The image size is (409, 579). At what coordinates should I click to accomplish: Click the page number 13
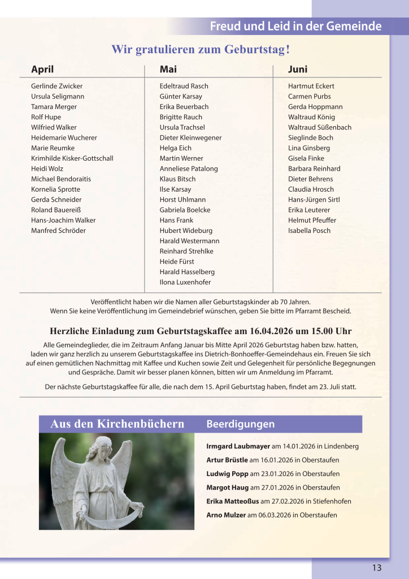coord(377,568)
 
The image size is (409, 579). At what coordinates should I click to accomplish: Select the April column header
coord(42,70)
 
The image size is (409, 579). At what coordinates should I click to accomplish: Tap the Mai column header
coord(168,70)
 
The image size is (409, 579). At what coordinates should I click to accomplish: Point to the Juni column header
coord(298,70)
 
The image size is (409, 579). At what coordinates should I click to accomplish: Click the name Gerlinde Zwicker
coord(56,86)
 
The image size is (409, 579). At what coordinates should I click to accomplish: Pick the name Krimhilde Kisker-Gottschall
coord(72,158)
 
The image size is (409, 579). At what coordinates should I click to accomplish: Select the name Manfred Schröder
coord(58,231)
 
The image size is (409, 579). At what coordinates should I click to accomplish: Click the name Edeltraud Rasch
coord(184,86)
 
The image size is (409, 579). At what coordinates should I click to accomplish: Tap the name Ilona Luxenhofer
coord(185,282)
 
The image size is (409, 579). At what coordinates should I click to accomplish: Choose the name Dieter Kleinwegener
coord(190,137)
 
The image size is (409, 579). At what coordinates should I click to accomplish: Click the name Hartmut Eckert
coord(311,86)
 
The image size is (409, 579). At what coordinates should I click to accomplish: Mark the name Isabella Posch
coord(309,231)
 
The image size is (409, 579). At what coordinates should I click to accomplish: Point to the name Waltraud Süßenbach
coord(319,127)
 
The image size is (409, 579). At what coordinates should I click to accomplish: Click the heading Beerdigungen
coord(241,424)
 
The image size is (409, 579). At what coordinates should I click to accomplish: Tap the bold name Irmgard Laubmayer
coord(238,446)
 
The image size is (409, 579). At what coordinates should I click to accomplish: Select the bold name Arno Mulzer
coord(226,515)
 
